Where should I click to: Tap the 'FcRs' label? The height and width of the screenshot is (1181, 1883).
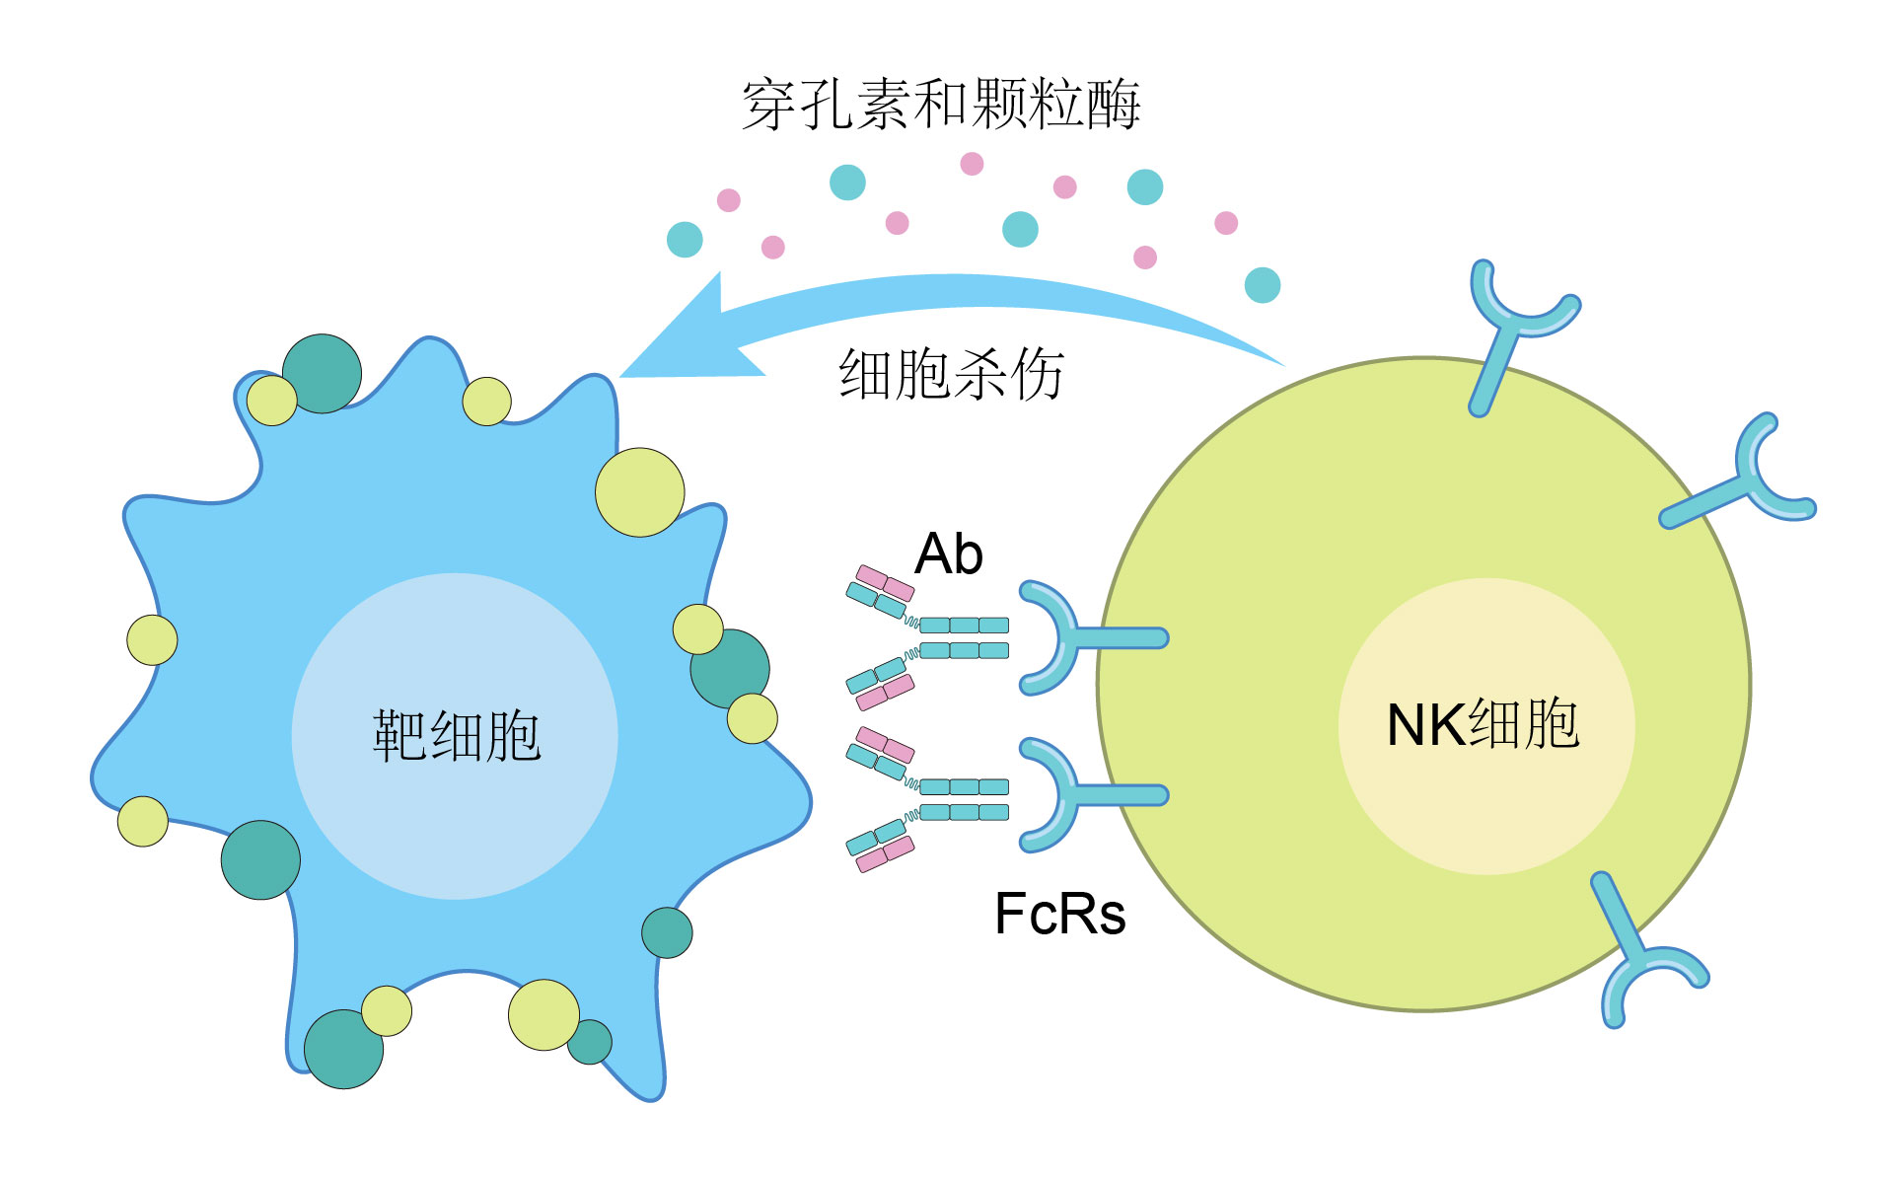tap(1059, 914)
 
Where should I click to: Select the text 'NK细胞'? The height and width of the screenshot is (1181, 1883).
tap(1483, 724)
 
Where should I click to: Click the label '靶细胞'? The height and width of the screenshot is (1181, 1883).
tap(457, 735)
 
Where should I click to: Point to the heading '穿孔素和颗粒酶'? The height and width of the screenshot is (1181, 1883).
tap(941, 105)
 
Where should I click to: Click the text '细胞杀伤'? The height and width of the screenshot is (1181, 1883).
tap(951, 375)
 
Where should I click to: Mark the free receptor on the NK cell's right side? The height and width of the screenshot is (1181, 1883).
tap(1746, 483)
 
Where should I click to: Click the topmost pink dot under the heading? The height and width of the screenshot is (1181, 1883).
tap(972, 164)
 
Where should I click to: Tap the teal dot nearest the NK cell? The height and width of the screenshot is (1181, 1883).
tap(1263, 285)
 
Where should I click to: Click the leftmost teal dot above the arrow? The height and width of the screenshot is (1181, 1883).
tap(685, 239)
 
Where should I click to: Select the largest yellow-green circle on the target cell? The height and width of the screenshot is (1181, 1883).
tap(639, 492)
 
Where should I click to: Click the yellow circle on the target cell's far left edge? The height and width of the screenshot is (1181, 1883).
tap(152, 639)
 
